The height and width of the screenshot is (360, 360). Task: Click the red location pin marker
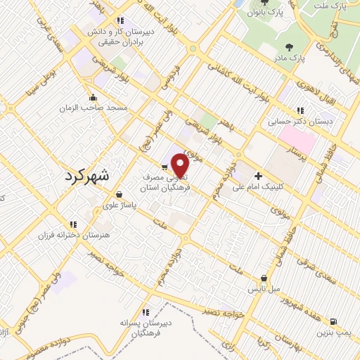point(181,166)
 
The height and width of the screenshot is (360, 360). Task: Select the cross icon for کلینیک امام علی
point(258,176)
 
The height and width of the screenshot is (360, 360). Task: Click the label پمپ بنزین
point(333,333)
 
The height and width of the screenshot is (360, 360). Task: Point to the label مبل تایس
point(266,289)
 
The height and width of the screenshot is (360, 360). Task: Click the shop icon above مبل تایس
point(264,278)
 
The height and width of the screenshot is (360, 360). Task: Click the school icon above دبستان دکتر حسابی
point(301,110)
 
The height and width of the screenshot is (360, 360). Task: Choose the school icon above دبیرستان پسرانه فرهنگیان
point(146,311)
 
